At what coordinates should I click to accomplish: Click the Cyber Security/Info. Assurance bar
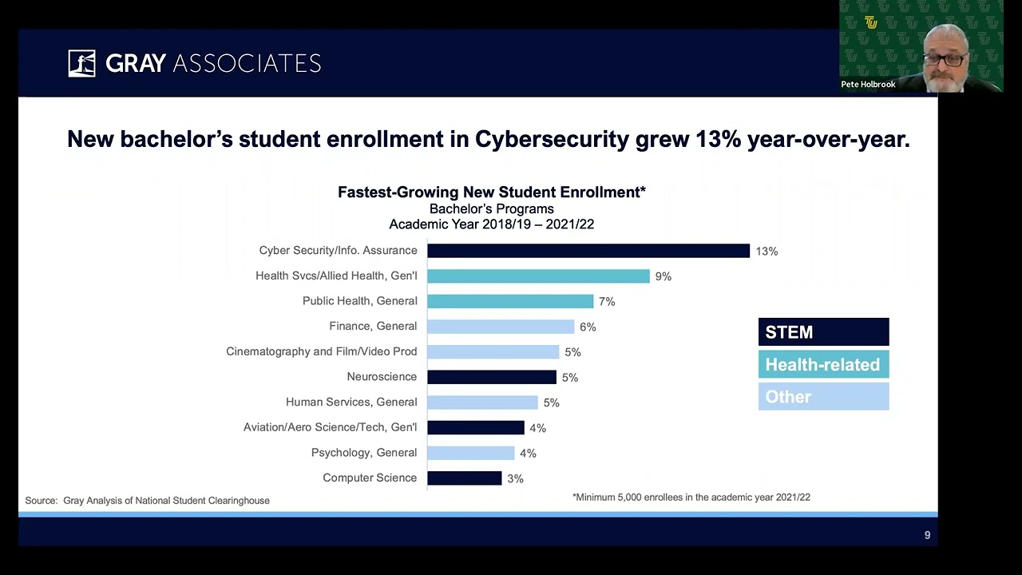pyautogui.click(x=588, y=251)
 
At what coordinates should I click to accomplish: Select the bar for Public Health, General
pyautogui.click(x=510, y=301)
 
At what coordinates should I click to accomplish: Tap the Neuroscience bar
pyautogui.click(x=491, y=377)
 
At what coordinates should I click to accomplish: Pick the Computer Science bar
pyautogui.click(x=464, y=478)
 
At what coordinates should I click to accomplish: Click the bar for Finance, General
pyautogui.click(x=501, y=327)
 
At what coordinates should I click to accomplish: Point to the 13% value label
pyautogui.click(x=766, y=252)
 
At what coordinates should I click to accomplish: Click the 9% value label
pyautogui.click(x=664, y=276)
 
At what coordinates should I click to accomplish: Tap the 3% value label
pyautogui.click(x=515, y=478)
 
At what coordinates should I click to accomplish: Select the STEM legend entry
pyautogui.click(x=823, y=332)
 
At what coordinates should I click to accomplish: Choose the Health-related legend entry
pyautogui.click(x=823, y=365)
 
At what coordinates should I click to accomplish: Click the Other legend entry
pyautogui.click(x=823, y=397)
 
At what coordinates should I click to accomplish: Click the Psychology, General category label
pyautogui.click(x=364, y=453)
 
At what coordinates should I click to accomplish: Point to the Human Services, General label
pyautogui.click(x=351, y=402)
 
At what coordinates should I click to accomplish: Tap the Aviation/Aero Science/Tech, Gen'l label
pyautogui.click(x=330, y=427)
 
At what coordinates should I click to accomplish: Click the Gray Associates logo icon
pyautogui.click(x=81, y=63)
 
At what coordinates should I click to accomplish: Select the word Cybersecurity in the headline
pyautogui.click(x=552, y=140)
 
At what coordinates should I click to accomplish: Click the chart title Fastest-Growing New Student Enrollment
pyautogui.click(x=491, y=192)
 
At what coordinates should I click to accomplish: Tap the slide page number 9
pyautogui.click(x=927, y=535)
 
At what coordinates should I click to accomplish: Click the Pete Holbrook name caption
pyautogui.click(x=868, y=85)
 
